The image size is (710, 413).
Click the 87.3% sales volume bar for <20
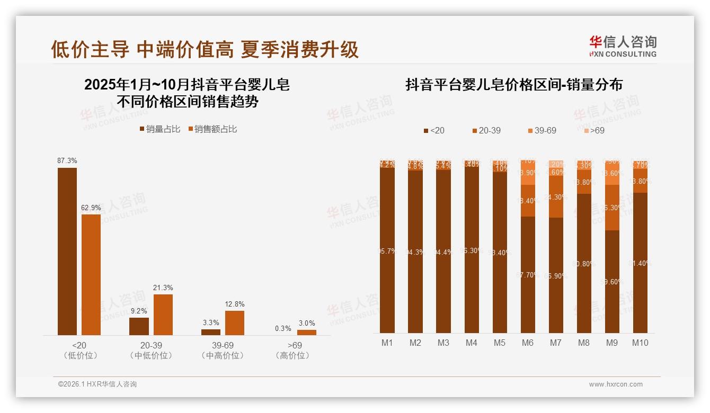click(x=67, y=251)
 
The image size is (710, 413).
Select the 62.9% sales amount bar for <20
click(x=91, y=274)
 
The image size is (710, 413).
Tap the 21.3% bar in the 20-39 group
click(x=163, y=315)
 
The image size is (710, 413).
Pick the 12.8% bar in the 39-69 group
click(x=235, y=322)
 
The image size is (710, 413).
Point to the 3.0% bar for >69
click(x=306, y=332)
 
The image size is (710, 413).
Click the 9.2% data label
click(x=139, y=311)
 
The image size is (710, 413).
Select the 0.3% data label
click(x=283, y=328)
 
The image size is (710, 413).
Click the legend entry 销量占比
click(x=160, y=129)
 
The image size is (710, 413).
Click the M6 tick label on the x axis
click(x=527, y=343)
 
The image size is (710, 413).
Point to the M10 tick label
click(x=640, y=343)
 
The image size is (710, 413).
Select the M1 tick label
click(x=387, y=343)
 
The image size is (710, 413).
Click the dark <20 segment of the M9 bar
click(x=612, y=281)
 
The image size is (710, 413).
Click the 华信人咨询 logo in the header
click(x=623, y=46)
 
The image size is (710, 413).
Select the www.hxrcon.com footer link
click(x=616, y=384)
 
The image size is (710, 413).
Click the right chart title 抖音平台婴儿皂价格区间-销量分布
click(x=513, y=85)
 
